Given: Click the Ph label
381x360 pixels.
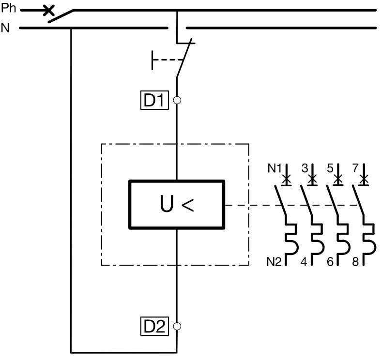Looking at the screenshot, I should coord(8,8).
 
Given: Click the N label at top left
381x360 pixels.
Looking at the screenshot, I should coord(5,28).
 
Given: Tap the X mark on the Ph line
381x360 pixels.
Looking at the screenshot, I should coord(48,10).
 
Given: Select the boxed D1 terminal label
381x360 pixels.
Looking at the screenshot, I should coord(154,101).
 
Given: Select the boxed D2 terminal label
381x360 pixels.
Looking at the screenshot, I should coord(154,327).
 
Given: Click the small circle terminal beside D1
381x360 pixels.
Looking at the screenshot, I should coord(177,101).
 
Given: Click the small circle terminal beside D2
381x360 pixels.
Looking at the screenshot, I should coord(177,326).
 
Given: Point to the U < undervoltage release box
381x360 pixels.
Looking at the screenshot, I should coord(177,205).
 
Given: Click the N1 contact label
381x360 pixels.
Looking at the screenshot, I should coord(274,169).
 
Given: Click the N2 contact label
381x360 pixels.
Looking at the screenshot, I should coord(274,262).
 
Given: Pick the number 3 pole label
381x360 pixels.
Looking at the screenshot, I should coord(305,168).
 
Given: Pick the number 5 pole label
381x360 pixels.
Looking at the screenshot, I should coord(330,168).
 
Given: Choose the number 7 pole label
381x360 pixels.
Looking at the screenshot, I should coord(356,168).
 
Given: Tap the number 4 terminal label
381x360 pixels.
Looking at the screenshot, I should coord(305,262).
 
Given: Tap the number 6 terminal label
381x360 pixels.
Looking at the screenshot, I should coord(330,262).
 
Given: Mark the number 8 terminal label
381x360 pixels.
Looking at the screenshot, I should coord(356,262).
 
